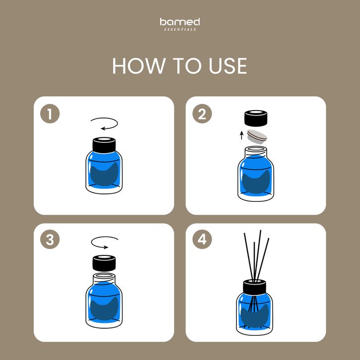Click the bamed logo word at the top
tap(180, 22)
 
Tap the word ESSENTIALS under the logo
tap(180, 29)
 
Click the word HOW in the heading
tap(139, 66)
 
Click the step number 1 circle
tap(50, 114)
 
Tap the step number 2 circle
tap(202, 114)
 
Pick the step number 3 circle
tap(50, 240)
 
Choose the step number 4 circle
tap(202, 240)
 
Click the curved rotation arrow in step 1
tap(117, 123)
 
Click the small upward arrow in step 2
tap(241, 135)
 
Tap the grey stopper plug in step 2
tap(257, 137)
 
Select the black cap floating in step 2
tap(256, 118)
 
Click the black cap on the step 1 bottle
tap(104, 145)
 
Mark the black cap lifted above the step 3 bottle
tap(104, 263)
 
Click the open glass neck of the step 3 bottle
tap(104, 278)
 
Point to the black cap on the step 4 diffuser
tap(254, 287)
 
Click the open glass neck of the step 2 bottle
tap(256, 151)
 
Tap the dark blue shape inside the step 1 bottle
tap(104, 175)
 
